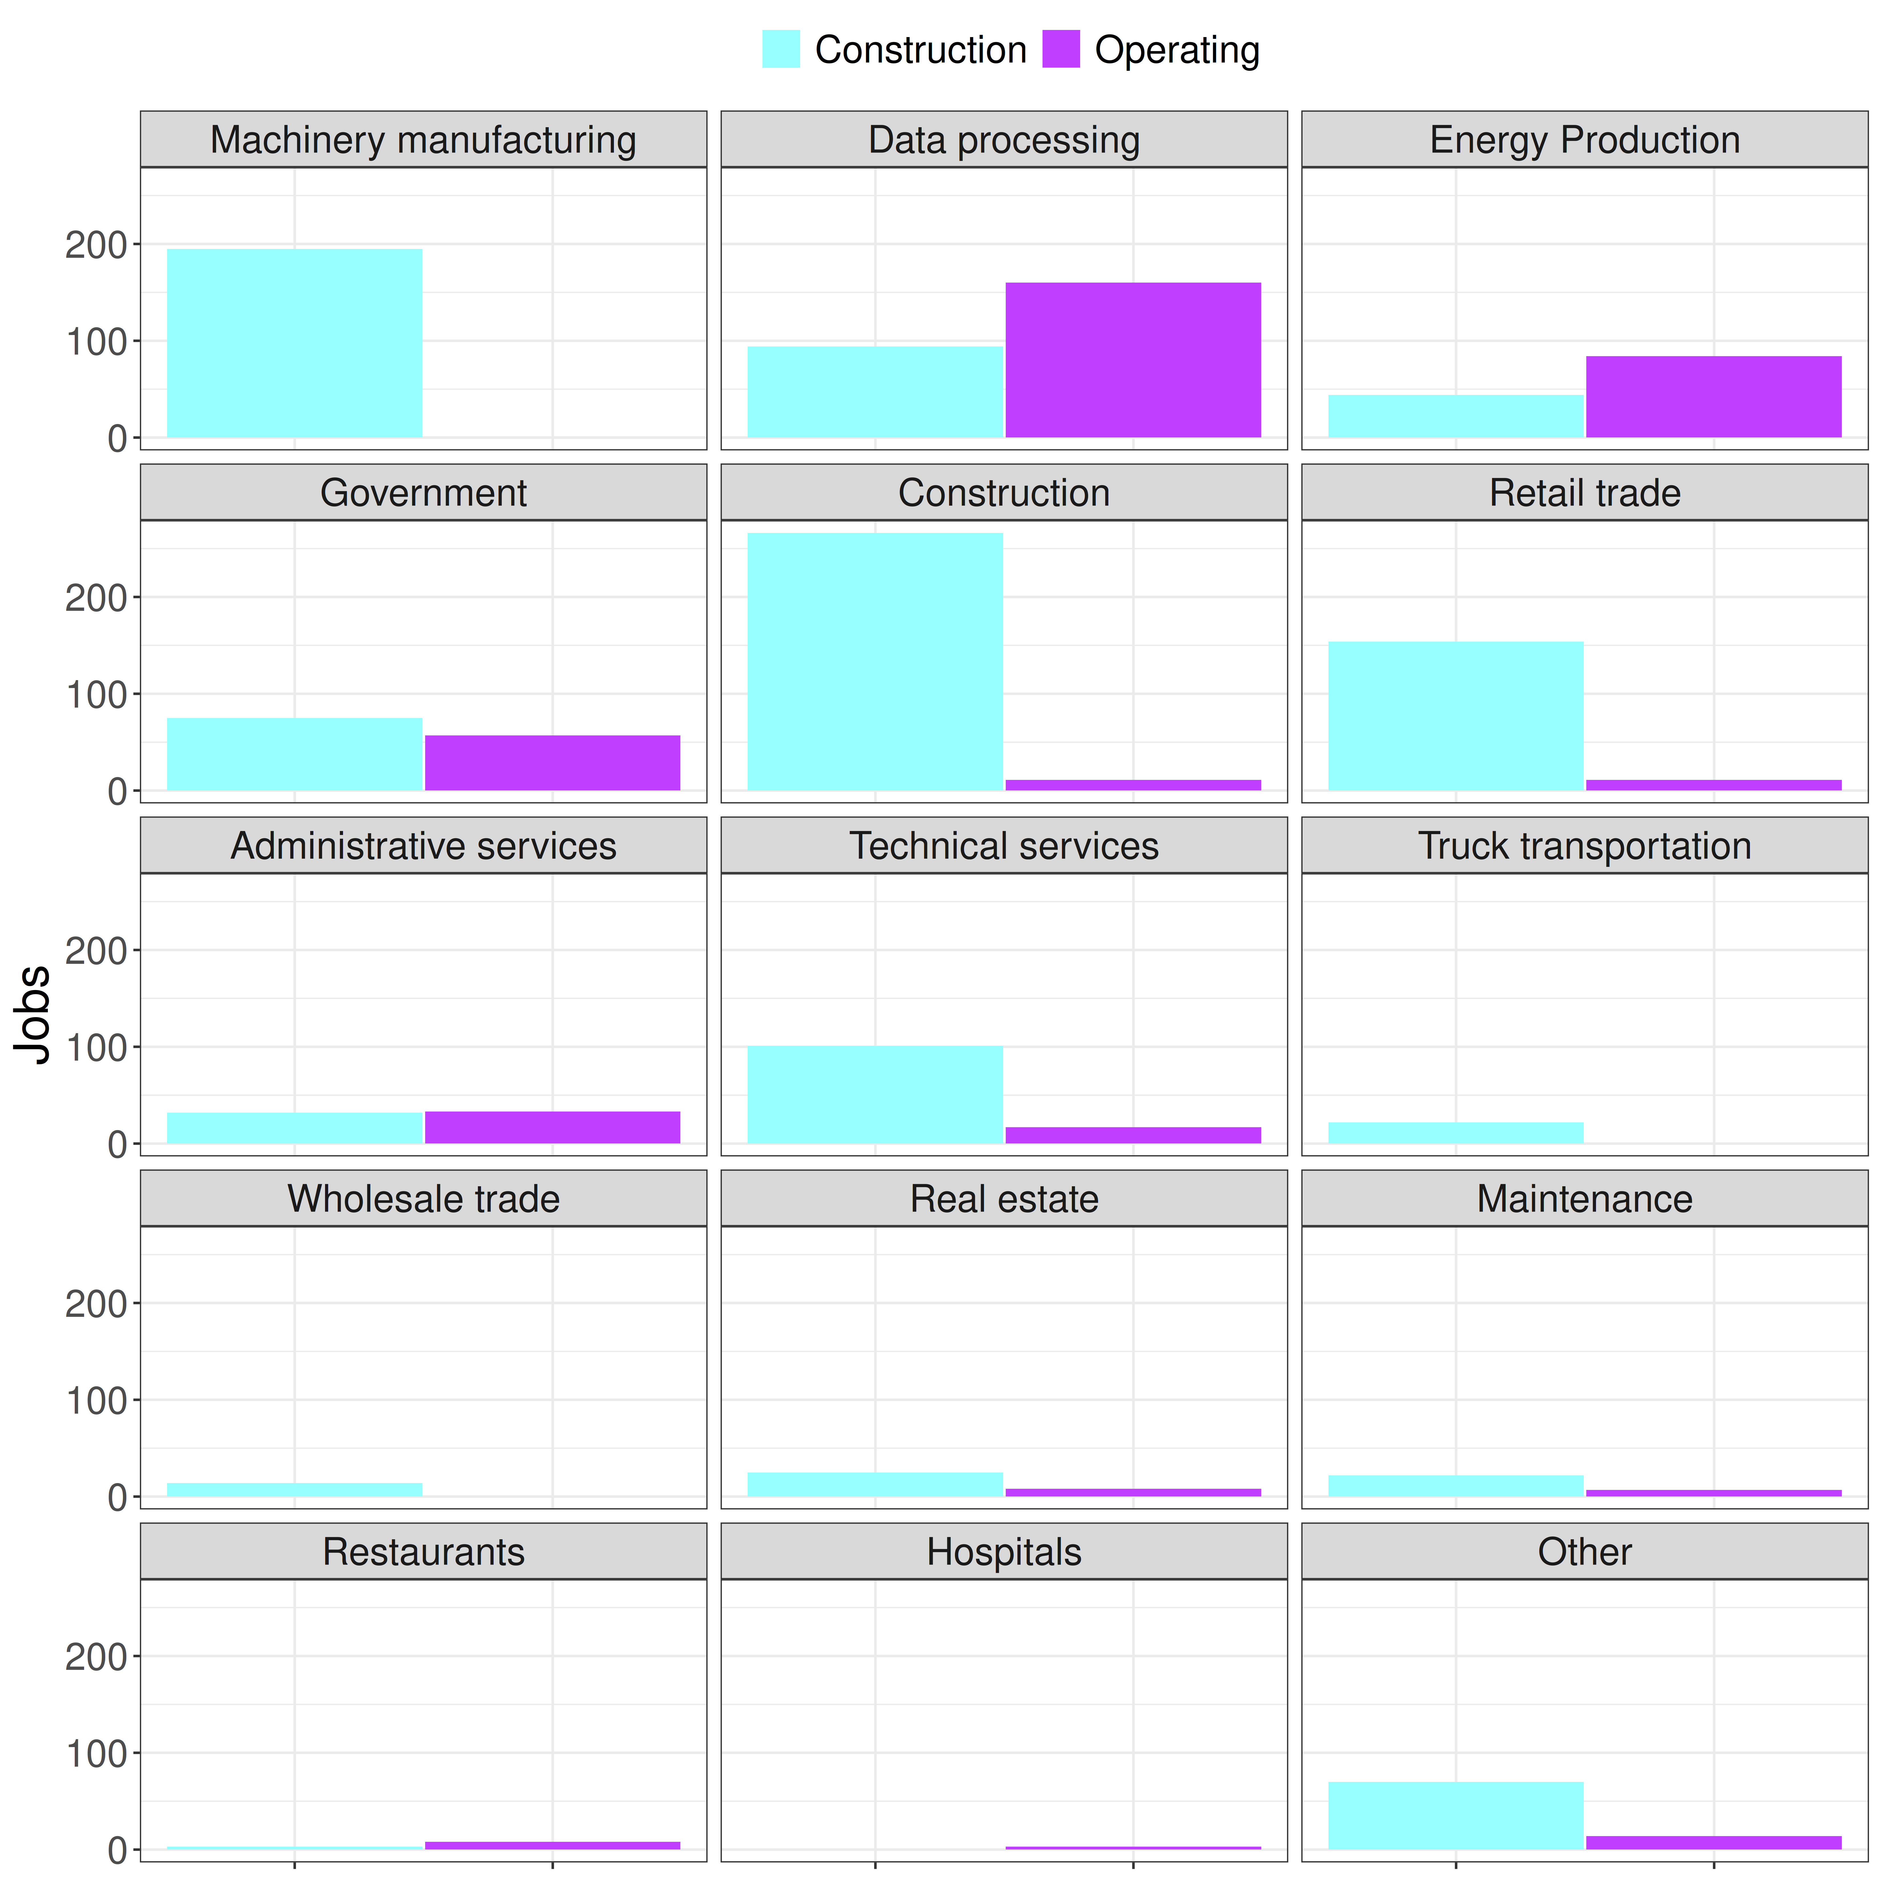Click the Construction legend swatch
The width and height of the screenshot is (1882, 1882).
tap(781, 49)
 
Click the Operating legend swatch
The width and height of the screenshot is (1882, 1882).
tap(1061, 49)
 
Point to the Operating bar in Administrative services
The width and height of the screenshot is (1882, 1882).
tap(552, 1127)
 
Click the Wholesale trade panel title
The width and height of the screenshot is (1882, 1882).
tap(424, 1199)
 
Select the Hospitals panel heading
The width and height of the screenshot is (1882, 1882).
tap(1004, 1552)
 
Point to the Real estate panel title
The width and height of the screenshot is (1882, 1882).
tap(1004, 1199)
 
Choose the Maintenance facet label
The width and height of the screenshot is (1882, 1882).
tap(1585, 1199)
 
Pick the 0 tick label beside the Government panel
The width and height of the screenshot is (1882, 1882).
tap(118, 792)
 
